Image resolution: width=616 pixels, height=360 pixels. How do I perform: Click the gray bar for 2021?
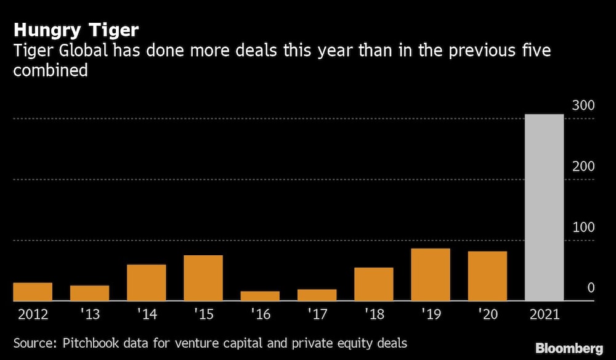click(x=544, y=207)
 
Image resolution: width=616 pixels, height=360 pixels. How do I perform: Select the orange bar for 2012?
click(x=33, y=292)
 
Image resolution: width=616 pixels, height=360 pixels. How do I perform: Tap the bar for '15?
click(x=203, y=278)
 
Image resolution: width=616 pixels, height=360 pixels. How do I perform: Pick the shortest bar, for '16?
click(x=260, y=296)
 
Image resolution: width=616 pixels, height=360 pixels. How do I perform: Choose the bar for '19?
click(x=431, y=274)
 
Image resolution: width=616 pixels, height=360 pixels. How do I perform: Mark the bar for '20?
click(x=487, y=276)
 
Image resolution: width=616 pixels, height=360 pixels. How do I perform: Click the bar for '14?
click(x=147, y=282)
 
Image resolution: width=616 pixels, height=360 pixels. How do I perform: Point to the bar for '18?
click(x=374, y=284)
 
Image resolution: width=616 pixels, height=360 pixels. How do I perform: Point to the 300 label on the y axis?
click(x=582, y=105)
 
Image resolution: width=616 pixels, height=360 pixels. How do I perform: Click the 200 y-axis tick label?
click(x=582, y=166)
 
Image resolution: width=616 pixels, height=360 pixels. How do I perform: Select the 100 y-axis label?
click(x=582, y=227)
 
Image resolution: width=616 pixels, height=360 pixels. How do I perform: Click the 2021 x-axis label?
click(x=544, y=314)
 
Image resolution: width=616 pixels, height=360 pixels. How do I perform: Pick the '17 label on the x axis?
click(x=317, y=314)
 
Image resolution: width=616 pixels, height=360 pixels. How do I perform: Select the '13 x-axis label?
click(x=89, y=314)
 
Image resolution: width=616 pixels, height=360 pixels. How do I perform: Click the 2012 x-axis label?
click(x=33, y=314)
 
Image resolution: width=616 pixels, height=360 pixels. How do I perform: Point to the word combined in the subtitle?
click(x=51, y=70)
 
